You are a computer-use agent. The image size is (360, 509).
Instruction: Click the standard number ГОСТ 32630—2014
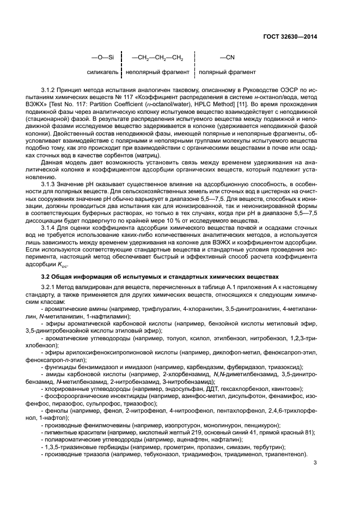point(290,37)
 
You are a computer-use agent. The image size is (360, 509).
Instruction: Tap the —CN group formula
point(227,57)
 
